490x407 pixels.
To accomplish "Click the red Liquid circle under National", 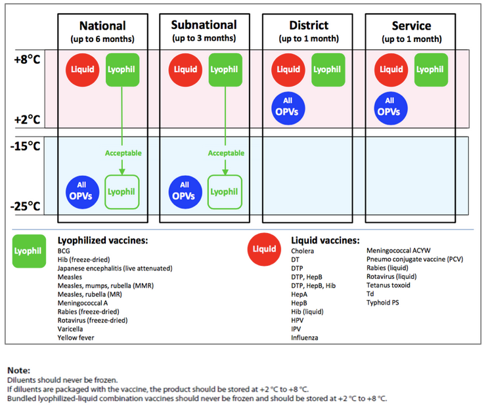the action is (x=82, y=70).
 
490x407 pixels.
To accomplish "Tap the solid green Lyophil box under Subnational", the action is (x=225, y=70).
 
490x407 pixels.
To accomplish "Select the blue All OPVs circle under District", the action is (x=288, y=108).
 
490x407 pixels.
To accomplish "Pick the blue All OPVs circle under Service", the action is (x=391, y=108).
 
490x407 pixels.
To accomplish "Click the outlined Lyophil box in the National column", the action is (x=122, y=192).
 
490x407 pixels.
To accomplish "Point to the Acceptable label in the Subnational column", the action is (x=226, y=153).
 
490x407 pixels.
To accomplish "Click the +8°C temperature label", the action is (x=27, y=59).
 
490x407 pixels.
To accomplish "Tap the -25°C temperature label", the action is (x=26, y=206).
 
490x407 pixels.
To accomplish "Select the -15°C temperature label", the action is (x=26, y=146).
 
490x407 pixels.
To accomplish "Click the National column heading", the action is (x=102, y=26).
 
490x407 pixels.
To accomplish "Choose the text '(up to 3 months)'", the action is (x=204, y=39).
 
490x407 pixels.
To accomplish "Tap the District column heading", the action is (x=309, y=26).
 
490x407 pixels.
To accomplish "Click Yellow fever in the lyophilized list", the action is (x=76, y=337).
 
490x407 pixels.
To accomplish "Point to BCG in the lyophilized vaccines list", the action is (x=64, y=251).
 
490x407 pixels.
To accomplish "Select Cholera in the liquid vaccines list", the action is (x=303, y=251).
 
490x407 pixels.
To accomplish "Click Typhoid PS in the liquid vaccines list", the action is (x=383, y=303).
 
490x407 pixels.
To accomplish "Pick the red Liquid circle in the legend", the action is (x=264, y=249).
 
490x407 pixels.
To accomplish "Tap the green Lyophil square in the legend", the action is (x=29, y=251).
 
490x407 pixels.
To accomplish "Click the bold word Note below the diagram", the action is (x=19, y=370).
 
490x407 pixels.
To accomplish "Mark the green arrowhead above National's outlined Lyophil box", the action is (x=122, y=171).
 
